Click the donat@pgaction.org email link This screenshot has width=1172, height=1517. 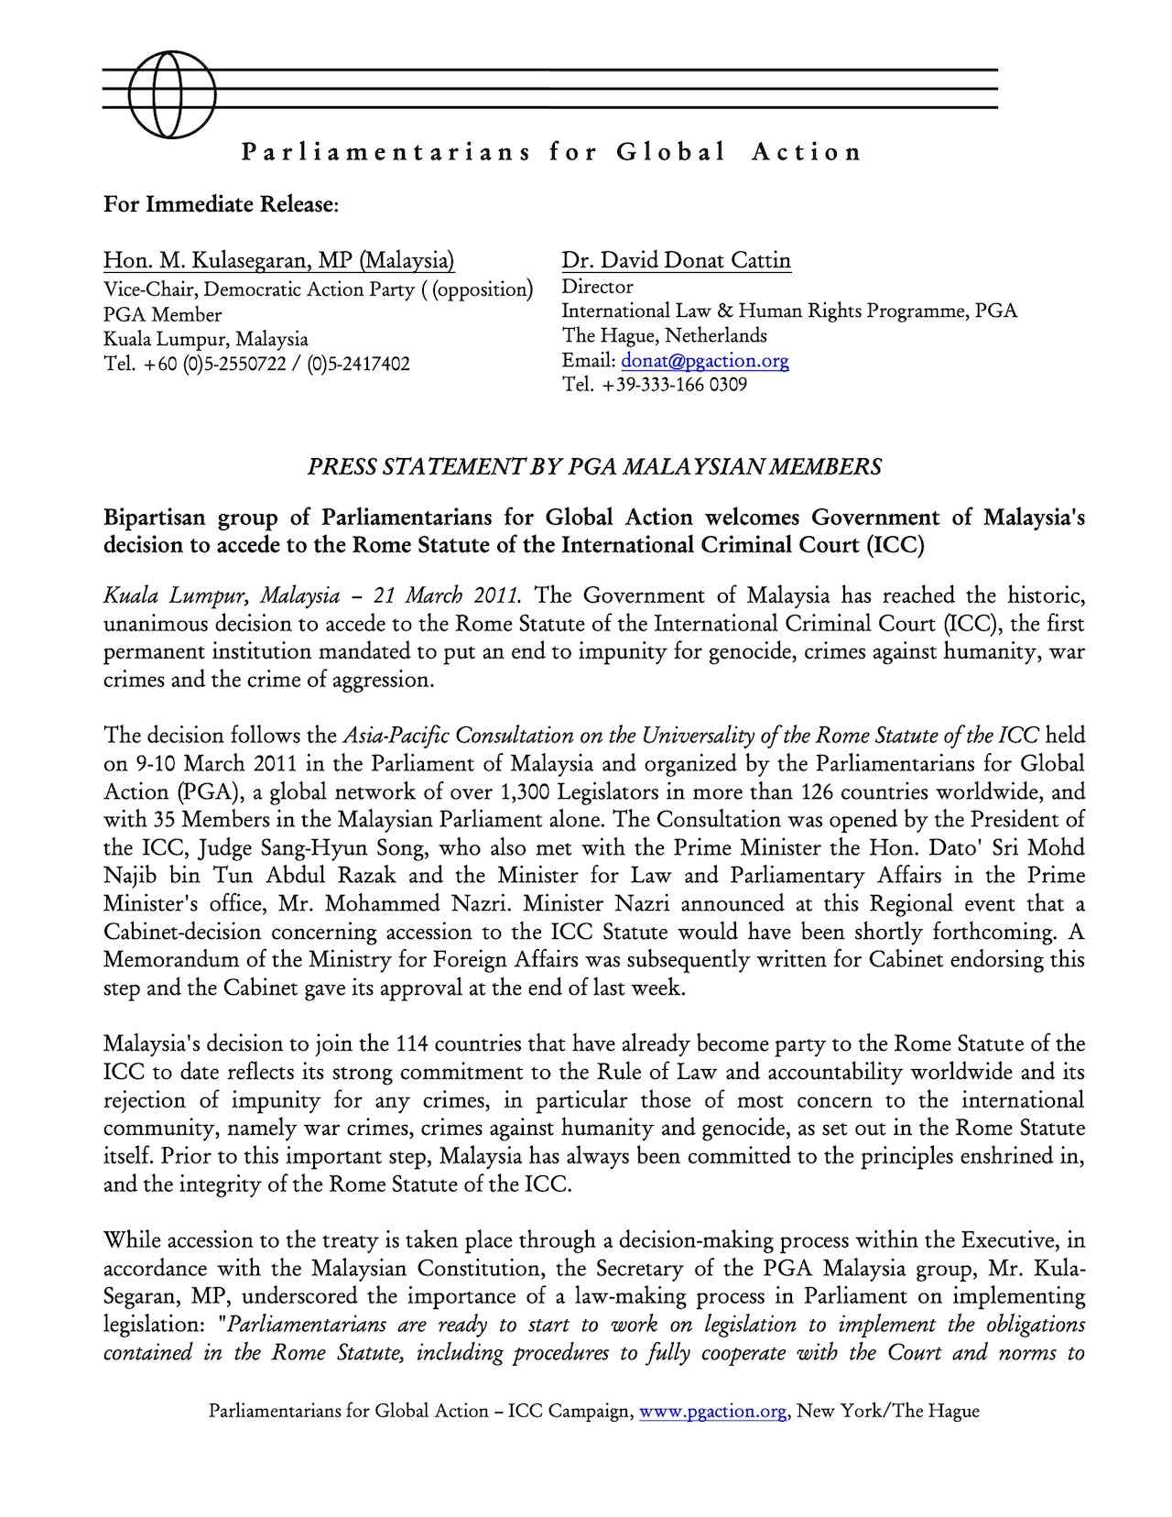coord(705,360)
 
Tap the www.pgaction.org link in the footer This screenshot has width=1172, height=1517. coord(713,1411)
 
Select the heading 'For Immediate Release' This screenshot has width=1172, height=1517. coord(221,203)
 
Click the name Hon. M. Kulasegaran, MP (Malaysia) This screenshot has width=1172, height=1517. coord(279,261)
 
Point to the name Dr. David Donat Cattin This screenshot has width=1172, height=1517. coord(676,261)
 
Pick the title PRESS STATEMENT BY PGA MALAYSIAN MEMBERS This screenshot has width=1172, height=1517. coord(594,467)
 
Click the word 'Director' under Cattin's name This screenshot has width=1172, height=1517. coord(597,287)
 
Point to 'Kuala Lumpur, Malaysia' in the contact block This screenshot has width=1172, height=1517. coord(206,339)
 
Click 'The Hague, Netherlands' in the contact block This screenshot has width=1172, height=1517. coord(665,335)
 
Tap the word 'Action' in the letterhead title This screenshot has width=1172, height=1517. coord(806,152)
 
